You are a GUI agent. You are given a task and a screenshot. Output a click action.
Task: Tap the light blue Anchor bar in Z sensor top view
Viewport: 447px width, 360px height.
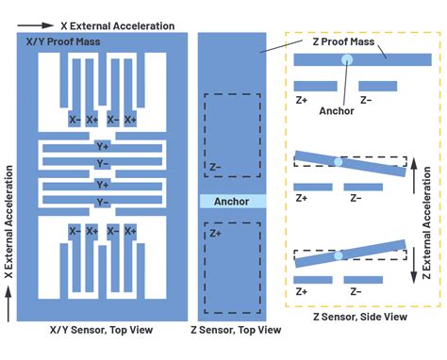(x=231, y=202)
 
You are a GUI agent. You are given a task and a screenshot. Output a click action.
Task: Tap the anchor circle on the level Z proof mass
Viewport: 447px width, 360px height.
(x=348, y=59)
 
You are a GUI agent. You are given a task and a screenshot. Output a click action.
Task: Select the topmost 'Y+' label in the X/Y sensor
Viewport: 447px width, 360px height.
(x=102, y=147)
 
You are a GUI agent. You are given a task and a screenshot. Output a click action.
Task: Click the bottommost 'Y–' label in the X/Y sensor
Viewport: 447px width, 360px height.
(x=102, y=202)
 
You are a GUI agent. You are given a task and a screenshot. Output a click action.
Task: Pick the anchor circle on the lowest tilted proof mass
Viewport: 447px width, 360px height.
(x=338, y=256)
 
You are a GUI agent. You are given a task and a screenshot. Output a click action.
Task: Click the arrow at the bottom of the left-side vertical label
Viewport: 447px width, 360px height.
(x=8, y=301)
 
